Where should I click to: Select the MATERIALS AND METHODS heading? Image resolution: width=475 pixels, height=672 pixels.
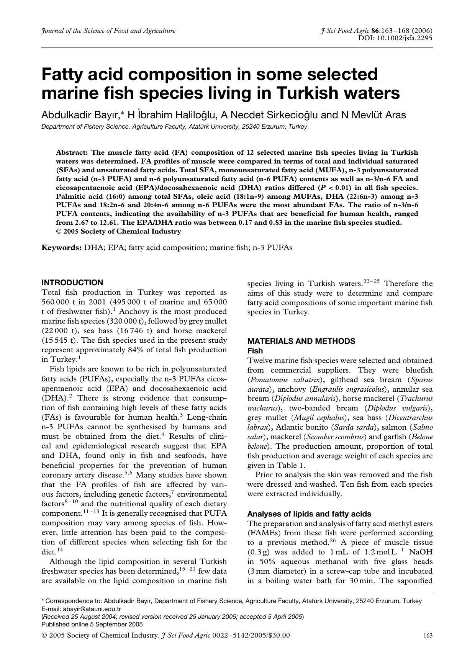coord(301,341)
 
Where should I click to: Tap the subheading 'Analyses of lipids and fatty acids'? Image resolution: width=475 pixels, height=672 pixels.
coord(309,514)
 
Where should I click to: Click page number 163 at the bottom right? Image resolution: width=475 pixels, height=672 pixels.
coord(428,636)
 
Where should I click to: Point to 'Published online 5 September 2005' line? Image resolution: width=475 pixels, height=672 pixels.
coord(92,624)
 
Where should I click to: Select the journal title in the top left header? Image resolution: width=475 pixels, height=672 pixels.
coord(108,31)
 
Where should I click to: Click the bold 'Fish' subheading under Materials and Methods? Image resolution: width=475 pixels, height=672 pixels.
coord(255,350)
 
